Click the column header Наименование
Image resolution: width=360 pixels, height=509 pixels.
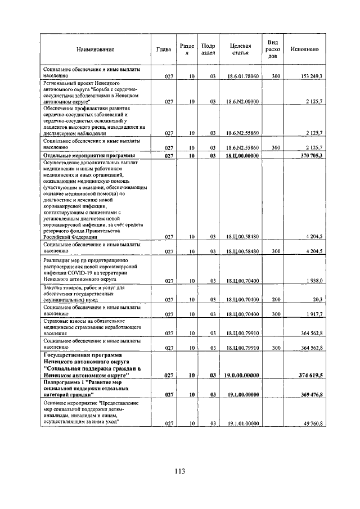click(x=96, y=49)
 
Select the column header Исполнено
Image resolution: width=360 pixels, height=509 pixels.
click(x=304, y=49)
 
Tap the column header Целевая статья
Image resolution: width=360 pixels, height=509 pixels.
click(x=241, y=49)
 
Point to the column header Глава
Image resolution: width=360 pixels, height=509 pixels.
click(x=164, y=49)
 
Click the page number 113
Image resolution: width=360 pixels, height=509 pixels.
click(x=179, y=472)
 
